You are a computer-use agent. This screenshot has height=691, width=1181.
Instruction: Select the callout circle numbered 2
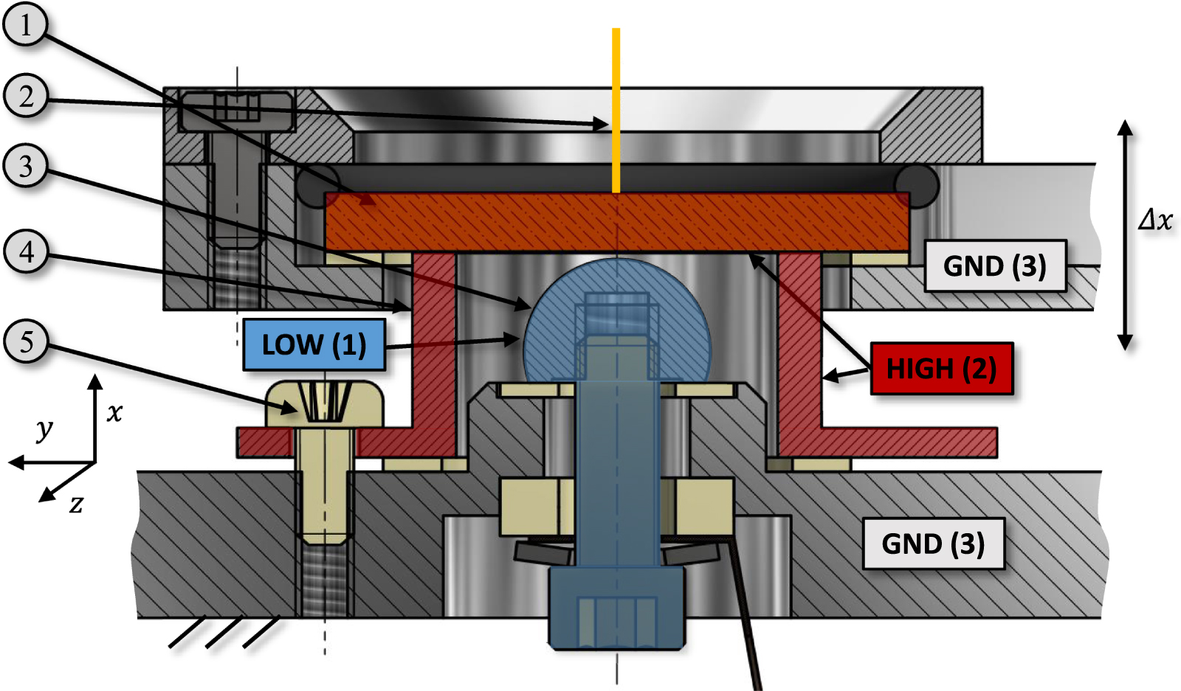pyautogui.click(x=25, y=96)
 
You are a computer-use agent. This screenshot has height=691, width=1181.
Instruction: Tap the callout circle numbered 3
pyautogui.click(x=25, y=166)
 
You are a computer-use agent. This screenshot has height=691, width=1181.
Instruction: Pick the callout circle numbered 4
pyautogui.click(x=25, y=252)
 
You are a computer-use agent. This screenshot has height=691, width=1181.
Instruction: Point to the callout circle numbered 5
pyautogui.click(x=25, y=341)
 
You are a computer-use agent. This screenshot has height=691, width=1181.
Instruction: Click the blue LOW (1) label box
pyautogui.click(x=314, y=344)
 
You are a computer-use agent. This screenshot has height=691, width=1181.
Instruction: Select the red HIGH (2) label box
pyautogui.click(x=941, y=368)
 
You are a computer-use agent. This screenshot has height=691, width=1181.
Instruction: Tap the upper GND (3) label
pyautogui.click(x=994, y=265)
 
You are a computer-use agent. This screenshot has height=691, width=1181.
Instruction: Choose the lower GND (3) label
pyautogui.click(x=933, y=544)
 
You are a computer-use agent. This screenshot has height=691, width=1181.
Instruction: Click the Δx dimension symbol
pyautogui.click(x=1155, y=220)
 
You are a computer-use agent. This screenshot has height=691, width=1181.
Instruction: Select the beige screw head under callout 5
pyautogui.click(x=325, y=403)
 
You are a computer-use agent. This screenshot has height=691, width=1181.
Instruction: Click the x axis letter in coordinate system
pyautogui.click(x=114, y=412)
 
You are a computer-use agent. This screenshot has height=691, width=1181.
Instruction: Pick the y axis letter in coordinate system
pyautogui.click(x=44, y=428)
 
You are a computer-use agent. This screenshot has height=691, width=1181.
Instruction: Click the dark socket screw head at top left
pyautogui.click(x=236, y=111)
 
